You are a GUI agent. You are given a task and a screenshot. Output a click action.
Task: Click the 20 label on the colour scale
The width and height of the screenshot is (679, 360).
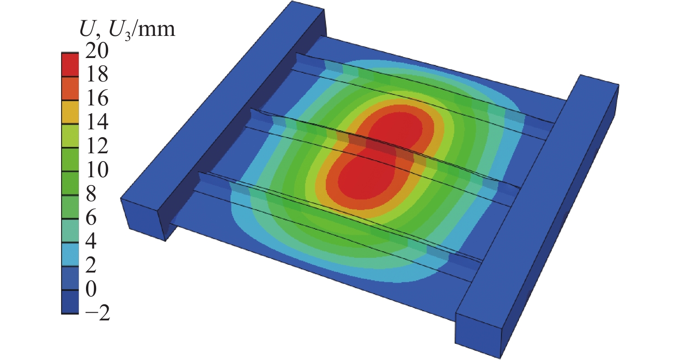(x=97, y=51)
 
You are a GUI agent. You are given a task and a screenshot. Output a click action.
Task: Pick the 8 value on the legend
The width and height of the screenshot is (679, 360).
(x=91, y=193)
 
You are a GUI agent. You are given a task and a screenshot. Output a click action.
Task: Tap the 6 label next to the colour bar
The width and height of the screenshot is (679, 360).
(x=91, y=217)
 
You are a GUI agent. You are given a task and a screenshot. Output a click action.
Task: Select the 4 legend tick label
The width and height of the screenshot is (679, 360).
(x=91, y=241)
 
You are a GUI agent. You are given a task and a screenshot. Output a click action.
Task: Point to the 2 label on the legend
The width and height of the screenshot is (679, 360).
(x=91, y=265)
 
